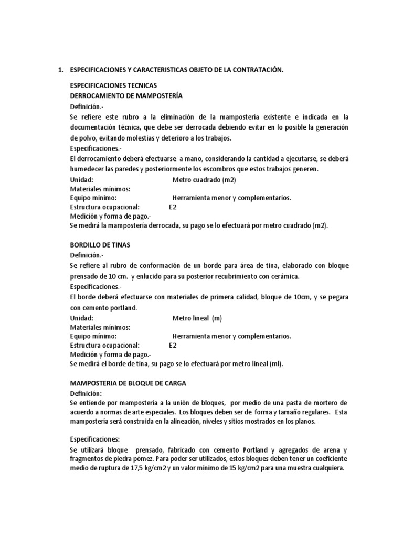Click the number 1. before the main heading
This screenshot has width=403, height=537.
(59, 70)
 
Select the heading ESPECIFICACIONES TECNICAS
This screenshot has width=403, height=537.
(113, 85)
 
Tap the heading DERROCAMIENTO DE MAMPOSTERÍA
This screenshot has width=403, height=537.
(126, 95)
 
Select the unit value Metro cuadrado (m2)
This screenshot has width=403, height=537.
(204, 180)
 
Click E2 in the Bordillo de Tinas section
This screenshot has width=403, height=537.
(173, 346)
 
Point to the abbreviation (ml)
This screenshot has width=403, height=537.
(275, 364)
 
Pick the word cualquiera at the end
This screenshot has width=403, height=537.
(328, 469)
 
